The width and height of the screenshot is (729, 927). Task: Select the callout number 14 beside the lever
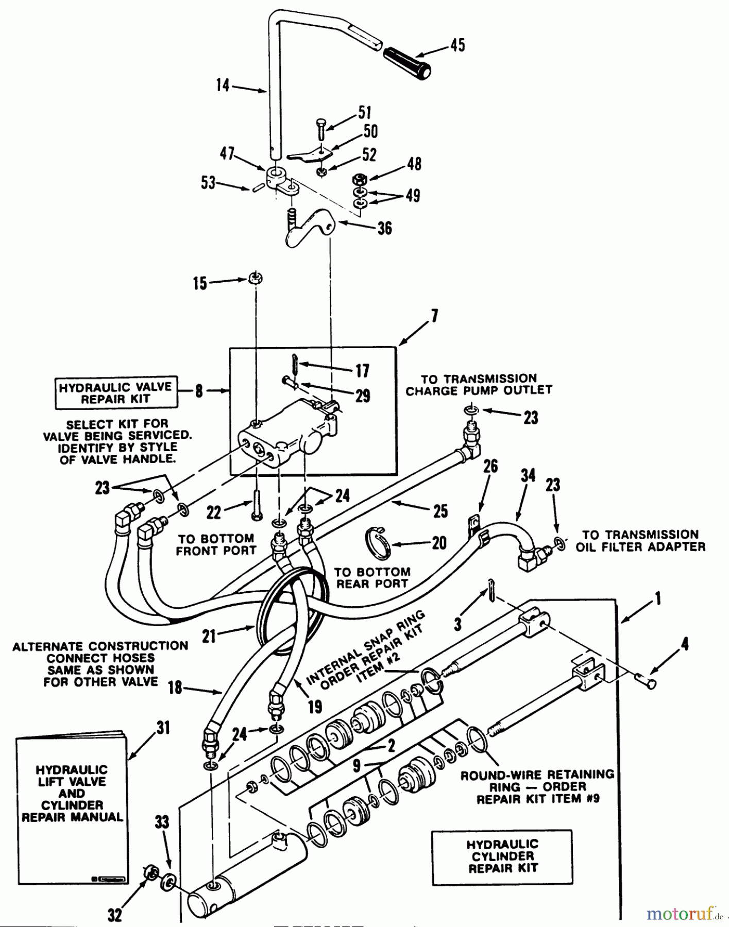pos(223,84)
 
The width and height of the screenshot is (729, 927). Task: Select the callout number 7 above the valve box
pos(434,316)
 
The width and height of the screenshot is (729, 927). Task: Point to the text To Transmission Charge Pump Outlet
pos(479,385)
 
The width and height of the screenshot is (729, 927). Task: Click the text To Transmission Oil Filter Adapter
pos(640,541)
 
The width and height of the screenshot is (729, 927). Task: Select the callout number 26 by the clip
pos(490,466)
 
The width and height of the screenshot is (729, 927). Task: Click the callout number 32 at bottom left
pos(114,915)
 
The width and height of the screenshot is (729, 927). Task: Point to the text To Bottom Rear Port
pos(372,578)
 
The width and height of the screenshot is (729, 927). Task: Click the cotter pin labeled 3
pos(491,590)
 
